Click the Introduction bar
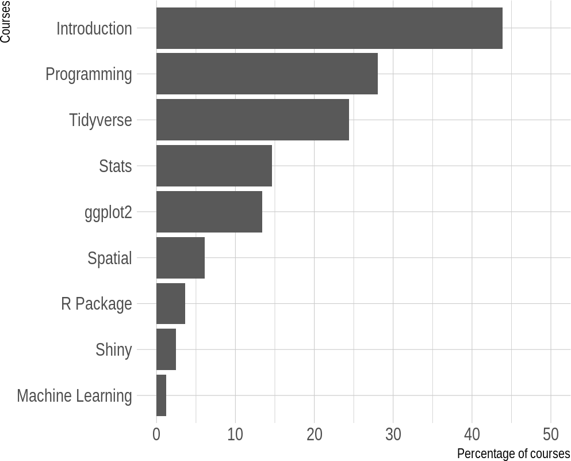pyautogui.click(x=329, y=28)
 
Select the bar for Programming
pyautogui.click(x=267, y=74)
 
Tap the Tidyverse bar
pyautogui.click(x=253, y=120)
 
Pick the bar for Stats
pyautogui.click(x=214, y=166)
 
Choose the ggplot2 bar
pyautogui.click(x=209, y=212)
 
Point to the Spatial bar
pyautogui.click(x=181, y=258)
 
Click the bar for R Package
pyautogui.click(x=171, y=303)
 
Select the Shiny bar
pyautogui.click(x=166, y=349)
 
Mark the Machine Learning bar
pyautogui.click(x=162, y=395)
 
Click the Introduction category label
pyautogui.click(x=94, y=28)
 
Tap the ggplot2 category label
pyautogui.click(x=108, y=213)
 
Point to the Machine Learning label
pyautogui.click(x=74, y=397)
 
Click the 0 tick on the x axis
pyautogui.click(x=156, y=435)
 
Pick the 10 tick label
pyautogui.click(x=235, y=435)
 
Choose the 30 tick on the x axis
pyautogui.click(x=393, y=435)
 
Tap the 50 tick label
pyautogui.click(x=551, y=435)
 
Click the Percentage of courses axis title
pyautogui.click(x=513, y=454)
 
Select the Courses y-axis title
pyautogui.click(x=5, y=22)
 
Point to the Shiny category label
pyautogui.click(x=114, y=350)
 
